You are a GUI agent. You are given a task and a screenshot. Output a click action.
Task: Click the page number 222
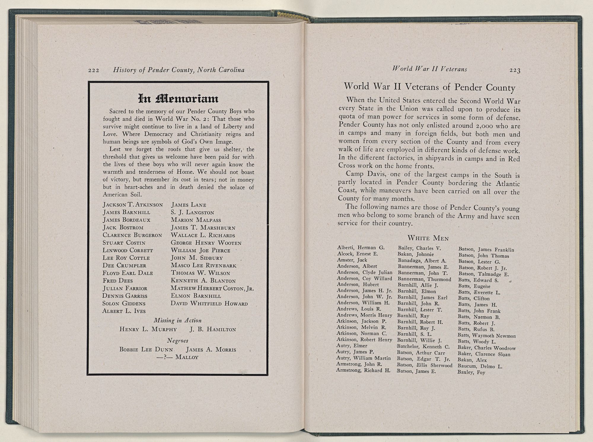click(93, 70)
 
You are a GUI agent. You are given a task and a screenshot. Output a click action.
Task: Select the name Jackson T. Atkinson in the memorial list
click(133, 205)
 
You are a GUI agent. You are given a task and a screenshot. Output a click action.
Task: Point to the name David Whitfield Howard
click(209, 304)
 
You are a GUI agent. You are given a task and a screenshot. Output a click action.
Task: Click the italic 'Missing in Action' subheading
click(178, 320)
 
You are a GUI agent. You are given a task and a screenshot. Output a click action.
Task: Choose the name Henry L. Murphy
click(148, 329)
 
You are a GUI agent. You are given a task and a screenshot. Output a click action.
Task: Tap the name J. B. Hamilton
click(213, 329)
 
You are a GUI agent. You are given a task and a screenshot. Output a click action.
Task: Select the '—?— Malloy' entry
click(178, 357)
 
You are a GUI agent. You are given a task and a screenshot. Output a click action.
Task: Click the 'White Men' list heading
click(428, 238)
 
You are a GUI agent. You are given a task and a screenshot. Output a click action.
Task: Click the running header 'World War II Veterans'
click(430, 69)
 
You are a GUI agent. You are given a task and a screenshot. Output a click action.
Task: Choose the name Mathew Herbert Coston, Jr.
click(212, 288)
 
